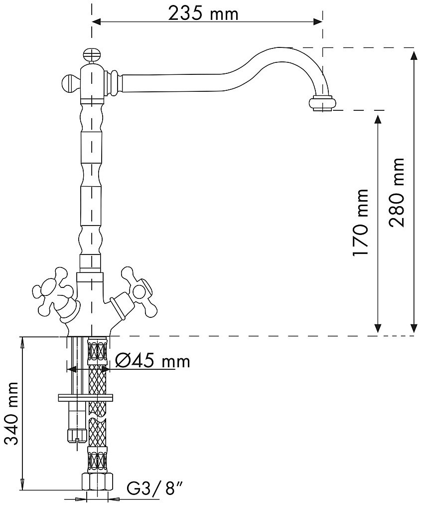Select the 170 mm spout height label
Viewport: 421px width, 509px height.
click(360, 223)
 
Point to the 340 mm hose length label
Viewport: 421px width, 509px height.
click(12, 413)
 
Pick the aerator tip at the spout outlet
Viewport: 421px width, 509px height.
click(322, 104)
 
